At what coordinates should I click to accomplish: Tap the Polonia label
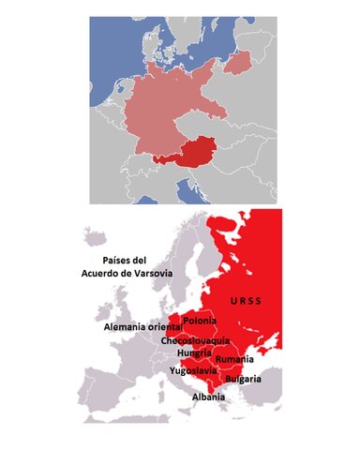(x=200, y=322)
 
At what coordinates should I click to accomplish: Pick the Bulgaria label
(x=242, y=379)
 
